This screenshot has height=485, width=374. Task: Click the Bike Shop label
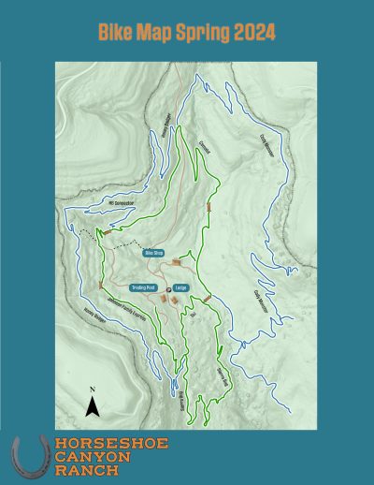click(x=153, y=253)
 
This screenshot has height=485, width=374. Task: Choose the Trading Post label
click(x=143, y=288)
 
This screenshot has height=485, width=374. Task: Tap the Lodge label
click(x=181, y=288)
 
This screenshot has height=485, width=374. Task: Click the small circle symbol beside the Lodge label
click(x=169, y=288)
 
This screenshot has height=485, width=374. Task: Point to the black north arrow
click(x=93, y=406)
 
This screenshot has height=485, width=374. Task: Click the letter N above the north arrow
click(x=93, y=389)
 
